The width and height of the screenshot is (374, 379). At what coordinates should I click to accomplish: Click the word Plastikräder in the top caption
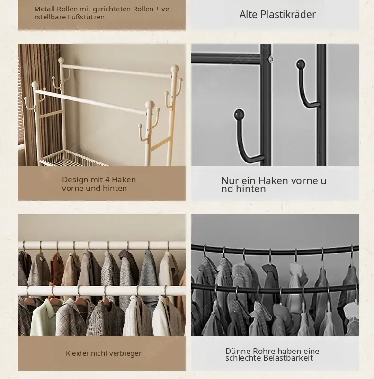(x=288, y=15)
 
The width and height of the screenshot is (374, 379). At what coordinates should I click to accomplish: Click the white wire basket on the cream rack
(x=72, y=158)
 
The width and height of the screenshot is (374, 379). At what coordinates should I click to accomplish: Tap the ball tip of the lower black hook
(x=239, y=114)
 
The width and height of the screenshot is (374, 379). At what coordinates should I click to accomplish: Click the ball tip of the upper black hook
(x=301, y=64)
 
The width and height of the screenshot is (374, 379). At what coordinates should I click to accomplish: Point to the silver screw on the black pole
(x=271, y=59)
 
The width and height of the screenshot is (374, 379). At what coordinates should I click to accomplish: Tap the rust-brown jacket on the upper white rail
(x=57, y=266)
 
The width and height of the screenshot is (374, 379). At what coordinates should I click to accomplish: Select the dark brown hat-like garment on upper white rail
(x=128, y=257)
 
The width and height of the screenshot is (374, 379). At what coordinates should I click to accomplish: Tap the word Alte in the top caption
(x=249, y=15)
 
